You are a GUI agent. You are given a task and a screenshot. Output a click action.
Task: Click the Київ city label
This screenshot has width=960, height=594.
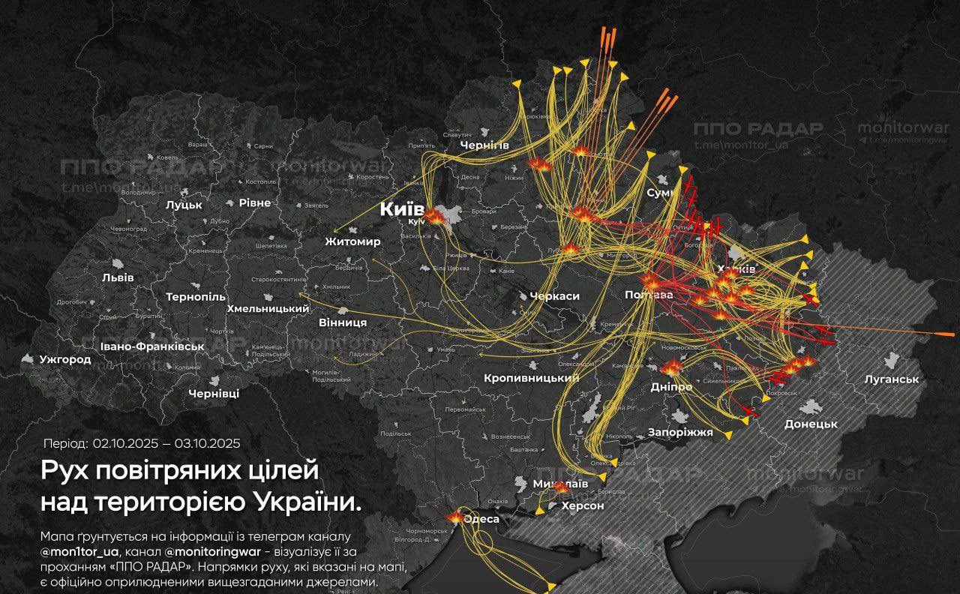[402, 209]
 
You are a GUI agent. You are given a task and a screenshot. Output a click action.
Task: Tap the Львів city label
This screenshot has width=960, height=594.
[118, 277]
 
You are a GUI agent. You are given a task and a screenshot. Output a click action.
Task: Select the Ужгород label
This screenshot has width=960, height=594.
[65, 359]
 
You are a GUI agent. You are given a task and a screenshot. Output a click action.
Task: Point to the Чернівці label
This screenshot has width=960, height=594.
[214, 394]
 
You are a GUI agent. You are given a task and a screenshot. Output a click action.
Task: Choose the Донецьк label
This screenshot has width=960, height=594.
[810, 424]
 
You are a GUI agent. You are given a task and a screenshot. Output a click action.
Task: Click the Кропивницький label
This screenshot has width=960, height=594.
[531, 378]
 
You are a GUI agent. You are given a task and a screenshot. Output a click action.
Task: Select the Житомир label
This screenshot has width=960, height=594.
[352, 241]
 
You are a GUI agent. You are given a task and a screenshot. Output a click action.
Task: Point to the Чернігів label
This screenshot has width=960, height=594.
[484, 145]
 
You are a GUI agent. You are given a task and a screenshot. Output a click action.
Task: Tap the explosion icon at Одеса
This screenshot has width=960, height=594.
[455, 517]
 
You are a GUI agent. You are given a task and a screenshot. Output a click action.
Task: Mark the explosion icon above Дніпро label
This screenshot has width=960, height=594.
[670, 367]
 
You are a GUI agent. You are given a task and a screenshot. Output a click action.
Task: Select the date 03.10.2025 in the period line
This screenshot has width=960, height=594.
[207, 443]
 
